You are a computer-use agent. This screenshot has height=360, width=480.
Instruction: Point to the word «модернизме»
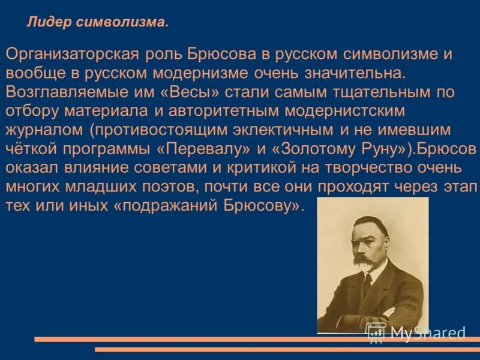[x=193, y=73]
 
